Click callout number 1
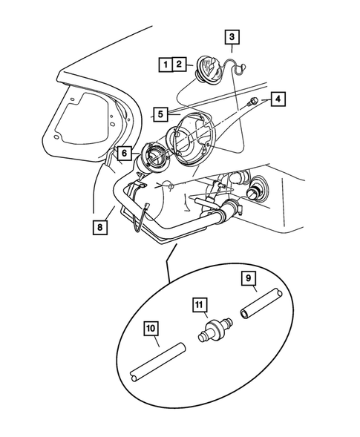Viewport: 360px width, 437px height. [x=164, y=65]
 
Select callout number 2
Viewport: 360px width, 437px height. [x=178, y=65]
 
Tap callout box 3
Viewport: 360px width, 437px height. [x=232, y=36]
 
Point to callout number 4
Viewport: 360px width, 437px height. [x=277, y=99]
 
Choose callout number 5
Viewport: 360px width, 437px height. [x=160, y=114]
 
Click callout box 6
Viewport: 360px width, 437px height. [x=125, y=153]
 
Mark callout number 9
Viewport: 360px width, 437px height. [x=250, y=279]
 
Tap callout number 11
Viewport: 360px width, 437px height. [x=199, y=304]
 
